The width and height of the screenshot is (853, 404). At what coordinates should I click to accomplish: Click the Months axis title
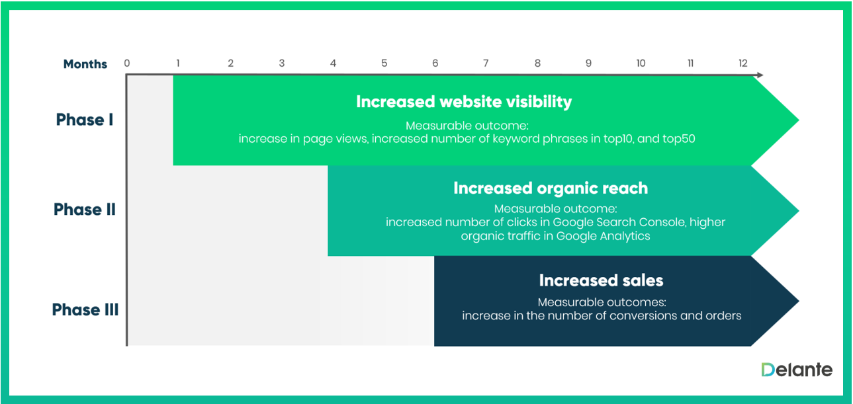(85, 64)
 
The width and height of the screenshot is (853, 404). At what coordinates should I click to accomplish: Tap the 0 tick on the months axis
(127, 63)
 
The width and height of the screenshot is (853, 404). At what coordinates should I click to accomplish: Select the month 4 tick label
(334, 63)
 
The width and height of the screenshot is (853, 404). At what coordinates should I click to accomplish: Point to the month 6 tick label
(435, 63)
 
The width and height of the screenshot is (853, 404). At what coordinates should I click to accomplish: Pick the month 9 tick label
(589, 63)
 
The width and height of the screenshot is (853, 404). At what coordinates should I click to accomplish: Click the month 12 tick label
(743, 63)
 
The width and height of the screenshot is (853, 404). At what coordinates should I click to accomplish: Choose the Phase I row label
(85, 120)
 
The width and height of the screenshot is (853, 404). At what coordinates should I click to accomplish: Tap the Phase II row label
(85, 210)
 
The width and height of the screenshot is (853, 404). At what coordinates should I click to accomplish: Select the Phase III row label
(85, 309)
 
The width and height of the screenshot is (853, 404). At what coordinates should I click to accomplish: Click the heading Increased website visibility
(464, 102)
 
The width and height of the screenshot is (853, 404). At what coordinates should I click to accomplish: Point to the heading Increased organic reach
(551, 188)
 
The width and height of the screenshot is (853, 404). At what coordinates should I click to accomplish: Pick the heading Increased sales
(602, 280)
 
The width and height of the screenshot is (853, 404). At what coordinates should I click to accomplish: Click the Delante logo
(797, 370)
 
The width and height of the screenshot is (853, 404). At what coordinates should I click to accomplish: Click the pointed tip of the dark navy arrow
(799, 301)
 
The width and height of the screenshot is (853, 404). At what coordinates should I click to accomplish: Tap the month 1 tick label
(178, 63)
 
